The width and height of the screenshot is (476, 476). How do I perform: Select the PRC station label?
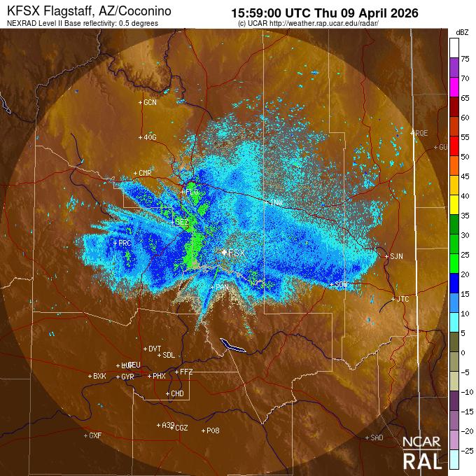coord(125,243)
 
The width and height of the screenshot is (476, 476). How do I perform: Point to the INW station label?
coord(276,202)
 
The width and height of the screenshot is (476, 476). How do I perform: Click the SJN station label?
coord(396,256)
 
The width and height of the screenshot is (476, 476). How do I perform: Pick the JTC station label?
coord(402,299)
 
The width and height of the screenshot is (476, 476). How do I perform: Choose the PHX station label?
coord(159,376)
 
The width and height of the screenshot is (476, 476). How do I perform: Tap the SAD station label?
coord(377,437)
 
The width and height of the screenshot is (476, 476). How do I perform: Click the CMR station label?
coord(145,173)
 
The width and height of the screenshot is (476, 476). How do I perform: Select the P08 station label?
coord(213,430)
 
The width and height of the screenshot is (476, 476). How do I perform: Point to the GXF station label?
coord(95,435)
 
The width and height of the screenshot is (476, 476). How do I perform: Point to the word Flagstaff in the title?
coord(69,13)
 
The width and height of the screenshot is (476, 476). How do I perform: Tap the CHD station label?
coord(177,394)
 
